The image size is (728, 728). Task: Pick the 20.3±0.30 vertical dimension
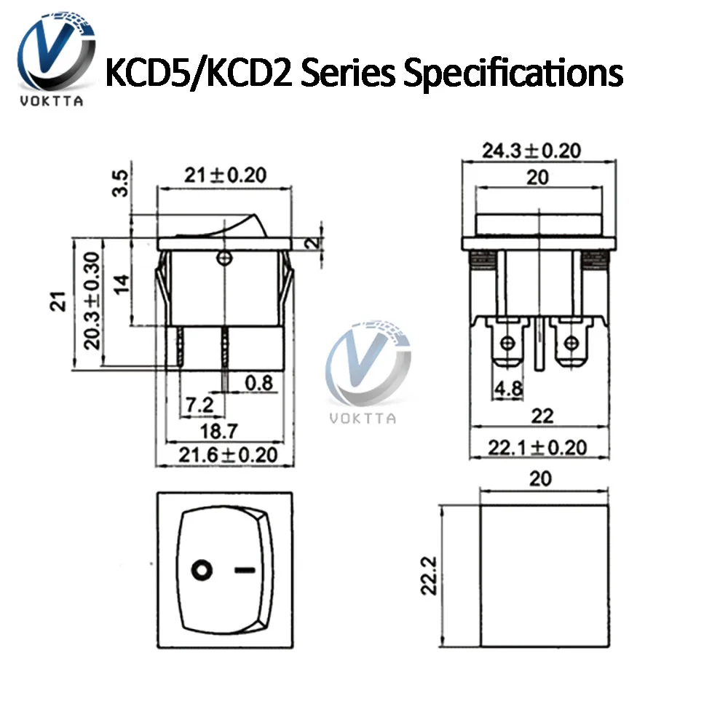pyautogui.click(x=91, y=301)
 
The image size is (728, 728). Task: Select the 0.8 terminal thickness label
pyautogui.click(x=259, y=382)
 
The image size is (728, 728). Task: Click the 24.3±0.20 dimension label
pyautogui.click(x=531, y=151)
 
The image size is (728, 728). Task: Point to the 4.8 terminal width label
pyautogui.click(x=509, y=389)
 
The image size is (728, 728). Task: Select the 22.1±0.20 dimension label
pyautogui.click(x=538, y=447)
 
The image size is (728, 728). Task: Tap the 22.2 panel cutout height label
pyautogui.click(x=430, y=575)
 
